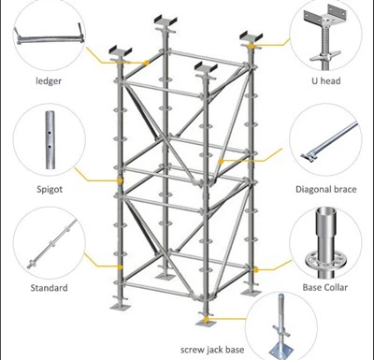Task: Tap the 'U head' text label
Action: point(325,80)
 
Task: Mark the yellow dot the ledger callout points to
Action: point(149,64)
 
